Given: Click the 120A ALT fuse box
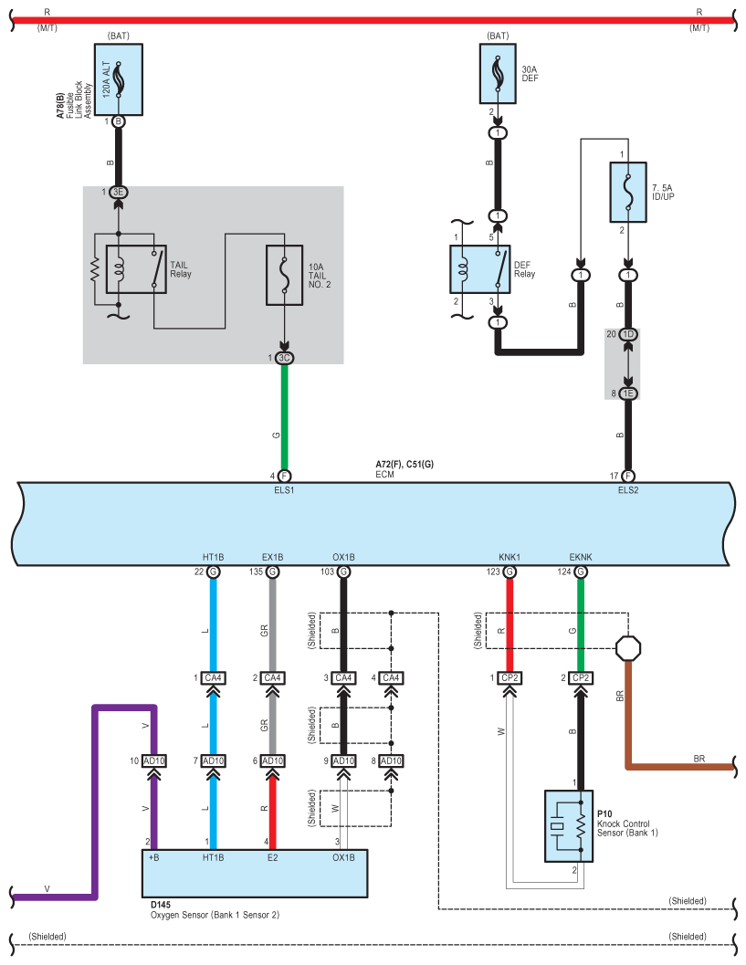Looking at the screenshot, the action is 119,79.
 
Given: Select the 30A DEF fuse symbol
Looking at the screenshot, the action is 498,74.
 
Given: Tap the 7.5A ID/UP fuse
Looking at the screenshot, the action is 628,192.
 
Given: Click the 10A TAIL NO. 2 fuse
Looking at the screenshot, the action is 284,275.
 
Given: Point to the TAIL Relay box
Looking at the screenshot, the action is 136,269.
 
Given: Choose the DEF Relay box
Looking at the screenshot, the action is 480,269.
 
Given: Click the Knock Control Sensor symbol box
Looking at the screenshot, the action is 569,826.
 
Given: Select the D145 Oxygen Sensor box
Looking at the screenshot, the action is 255,874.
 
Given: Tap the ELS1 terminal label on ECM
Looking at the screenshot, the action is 284,490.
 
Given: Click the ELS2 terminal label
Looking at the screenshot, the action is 628,490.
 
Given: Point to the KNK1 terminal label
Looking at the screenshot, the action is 509,557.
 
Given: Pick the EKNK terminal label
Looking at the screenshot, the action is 581,557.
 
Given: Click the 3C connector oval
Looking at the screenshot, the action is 284,358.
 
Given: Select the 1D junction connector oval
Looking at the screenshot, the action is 628,334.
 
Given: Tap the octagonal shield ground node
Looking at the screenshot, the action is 628,648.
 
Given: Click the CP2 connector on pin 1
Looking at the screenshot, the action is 510,677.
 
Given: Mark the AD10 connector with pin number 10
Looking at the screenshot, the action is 154,760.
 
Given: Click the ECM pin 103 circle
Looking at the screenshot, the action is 343,572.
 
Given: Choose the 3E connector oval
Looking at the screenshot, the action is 119,192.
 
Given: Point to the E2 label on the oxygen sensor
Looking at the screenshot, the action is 273,857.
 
